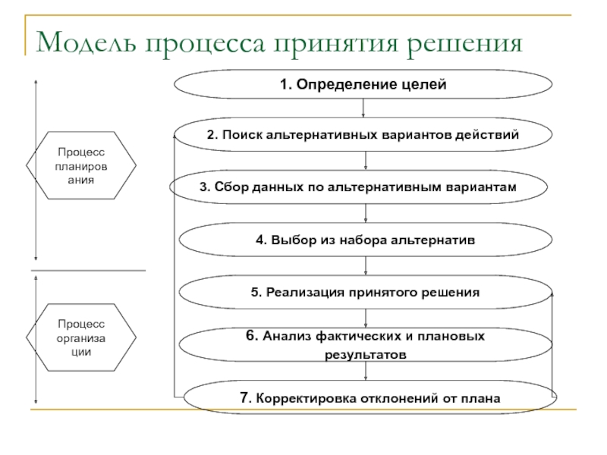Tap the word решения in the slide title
coord(464,42)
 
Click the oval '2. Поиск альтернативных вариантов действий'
coord(363,136)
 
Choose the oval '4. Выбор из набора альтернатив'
coord(365,240)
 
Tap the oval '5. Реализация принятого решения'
coord(365,292)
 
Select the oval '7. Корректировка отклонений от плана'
coord(370,397)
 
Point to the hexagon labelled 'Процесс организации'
coord(81,335)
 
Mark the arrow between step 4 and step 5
coord(366,265)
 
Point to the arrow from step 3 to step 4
coord(366,213)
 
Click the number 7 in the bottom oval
coord(244,397)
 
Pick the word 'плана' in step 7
coord(484,397)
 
